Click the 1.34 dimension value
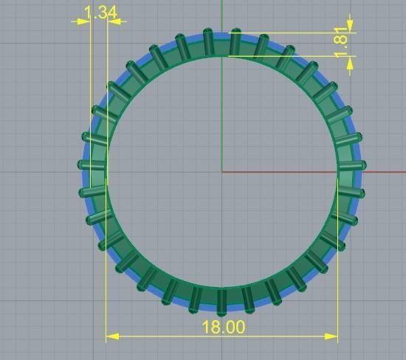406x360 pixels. [x=101, y=13]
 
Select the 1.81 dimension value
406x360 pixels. [x=340, y=44]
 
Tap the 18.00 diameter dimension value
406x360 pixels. [x=222, y=327]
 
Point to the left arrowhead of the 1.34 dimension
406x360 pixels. [x=82, y=21]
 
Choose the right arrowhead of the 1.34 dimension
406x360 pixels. [x=114, y=21]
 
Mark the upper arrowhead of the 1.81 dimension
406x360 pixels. [x=350, y=29]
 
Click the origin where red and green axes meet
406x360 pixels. [x=222, y=173]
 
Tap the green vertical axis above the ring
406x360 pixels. [x=222, y=15]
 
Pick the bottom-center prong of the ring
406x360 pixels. [x=221, y=299]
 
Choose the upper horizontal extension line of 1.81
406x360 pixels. [x=295, y=33]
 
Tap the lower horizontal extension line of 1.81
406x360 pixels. [x=295, y=56]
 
